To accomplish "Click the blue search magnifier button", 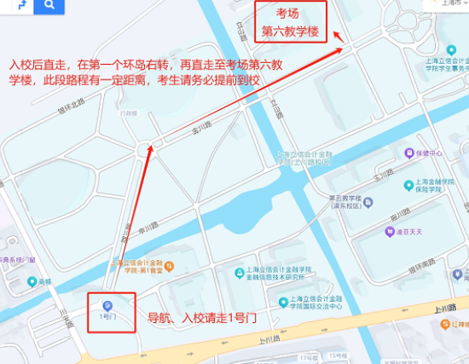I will point(49,6).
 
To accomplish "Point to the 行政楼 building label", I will point(129,113).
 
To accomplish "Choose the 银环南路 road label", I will point(419,267).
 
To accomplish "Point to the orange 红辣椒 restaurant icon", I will point(444,325).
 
